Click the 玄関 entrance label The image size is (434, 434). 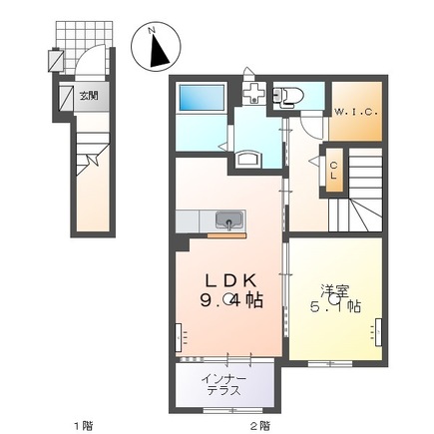point(89,96)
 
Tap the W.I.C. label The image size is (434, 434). point(356,112)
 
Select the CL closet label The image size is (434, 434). point(334,171)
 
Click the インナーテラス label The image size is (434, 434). point(224,384)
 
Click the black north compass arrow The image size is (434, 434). point(159,51)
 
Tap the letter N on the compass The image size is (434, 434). point(152,30)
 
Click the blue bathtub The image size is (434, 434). point(202,97)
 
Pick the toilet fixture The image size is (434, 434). point(288,97)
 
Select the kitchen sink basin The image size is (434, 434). point(229,220)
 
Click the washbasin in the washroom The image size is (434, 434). point(248,159)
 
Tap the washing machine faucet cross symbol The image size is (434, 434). point(253,92)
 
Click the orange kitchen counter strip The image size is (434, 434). point(226,235)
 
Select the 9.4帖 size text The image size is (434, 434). point(231,300)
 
